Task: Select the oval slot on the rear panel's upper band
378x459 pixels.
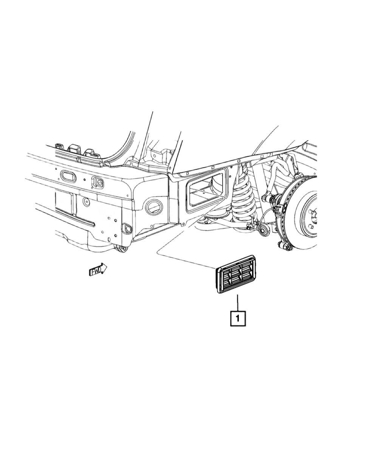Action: pos(68,176)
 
